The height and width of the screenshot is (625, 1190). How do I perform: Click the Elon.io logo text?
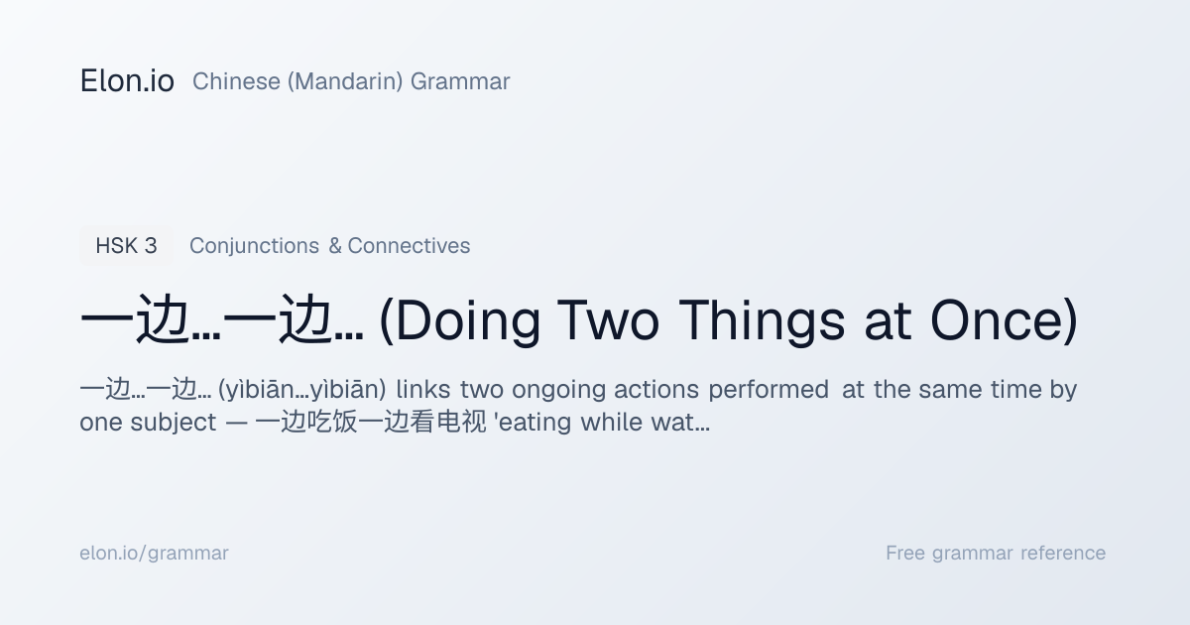click(127, 80)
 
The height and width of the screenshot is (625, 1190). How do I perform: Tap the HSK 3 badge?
click(127, 246)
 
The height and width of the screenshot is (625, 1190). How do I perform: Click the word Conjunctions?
click(255, 246)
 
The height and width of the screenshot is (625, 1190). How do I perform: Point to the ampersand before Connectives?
click(335, 246)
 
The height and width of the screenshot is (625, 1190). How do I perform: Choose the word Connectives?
click(409, 246)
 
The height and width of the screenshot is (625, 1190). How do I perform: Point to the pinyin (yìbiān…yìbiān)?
click(302, 390)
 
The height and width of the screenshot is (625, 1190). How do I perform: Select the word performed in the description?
click(769, 390)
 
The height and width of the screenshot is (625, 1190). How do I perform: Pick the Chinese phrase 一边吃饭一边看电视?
click(370, 423)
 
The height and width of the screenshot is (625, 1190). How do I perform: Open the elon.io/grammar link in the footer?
click(154, 554)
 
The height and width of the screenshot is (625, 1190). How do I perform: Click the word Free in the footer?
click(905, 553)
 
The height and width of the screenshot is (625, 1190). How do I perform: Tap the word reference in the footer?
click(1063, 553)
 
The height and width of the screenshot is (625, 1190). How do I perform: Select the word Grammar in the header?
click(460, 81)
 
